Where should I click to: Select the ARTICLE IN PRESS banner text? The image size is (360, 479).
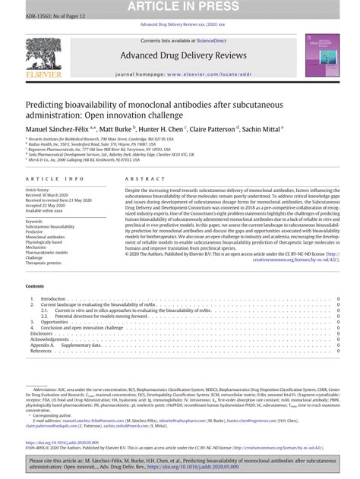point(179,6)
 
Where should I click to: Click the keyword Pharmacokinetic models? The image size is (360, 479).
point(50,252)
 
